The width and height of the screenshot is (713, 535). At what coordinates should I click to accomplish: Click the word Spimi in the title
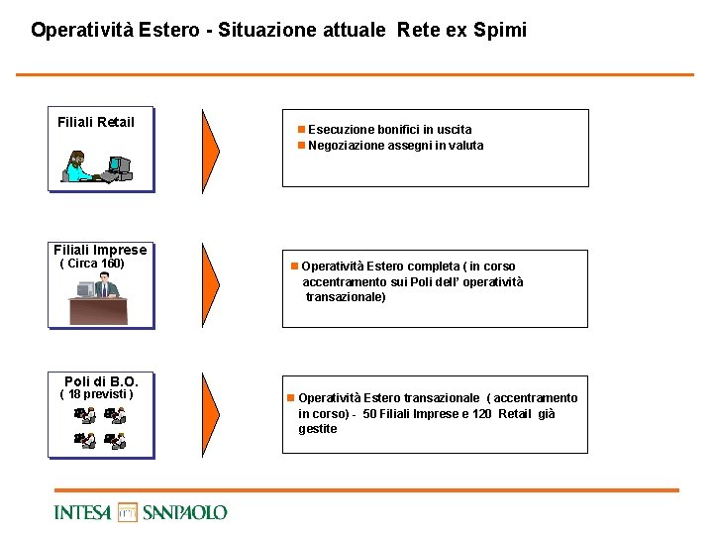coord(499,30)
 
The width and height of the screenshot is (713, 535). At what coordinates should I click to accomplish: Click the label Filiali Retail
coord(96,122)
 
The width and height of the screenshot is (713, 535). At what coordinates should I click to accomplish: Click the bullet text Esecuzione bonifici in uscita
coord(389,129)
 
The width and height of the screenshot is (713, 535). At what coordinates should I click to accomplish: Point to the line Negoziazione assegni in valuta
coord(395,146)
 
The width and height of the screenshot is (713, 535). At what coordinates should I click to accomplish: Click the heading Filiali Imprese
coord(100,250)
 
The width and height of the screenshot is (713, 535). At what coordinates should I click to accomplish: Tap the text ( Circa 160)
coord(92,264)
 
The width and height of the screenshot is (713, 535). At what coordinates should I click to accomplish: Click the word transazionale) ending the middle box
coord(346,297)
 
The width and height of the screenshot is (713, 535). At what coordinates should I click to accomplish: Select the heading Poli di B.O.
coord(108,381)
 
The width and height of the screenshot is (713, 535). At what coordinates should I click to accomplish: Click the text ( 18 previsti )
coord(97,394)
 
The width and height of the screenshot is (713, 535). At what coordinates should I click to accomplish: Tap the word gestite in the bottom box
coord(318,429)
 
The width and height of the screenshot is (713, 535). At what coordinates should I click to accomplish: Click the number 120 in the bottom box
coord(482,413)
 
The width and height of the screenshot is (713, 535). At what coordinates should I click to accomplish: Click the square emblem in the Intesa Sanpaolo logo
coord(128,512)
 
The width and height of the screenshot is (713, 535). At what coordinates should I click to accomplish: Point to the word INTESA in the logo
coord(84,512)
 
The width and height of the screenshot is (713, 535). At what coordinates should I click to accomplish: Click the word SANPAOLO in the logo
coord(184,512)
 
